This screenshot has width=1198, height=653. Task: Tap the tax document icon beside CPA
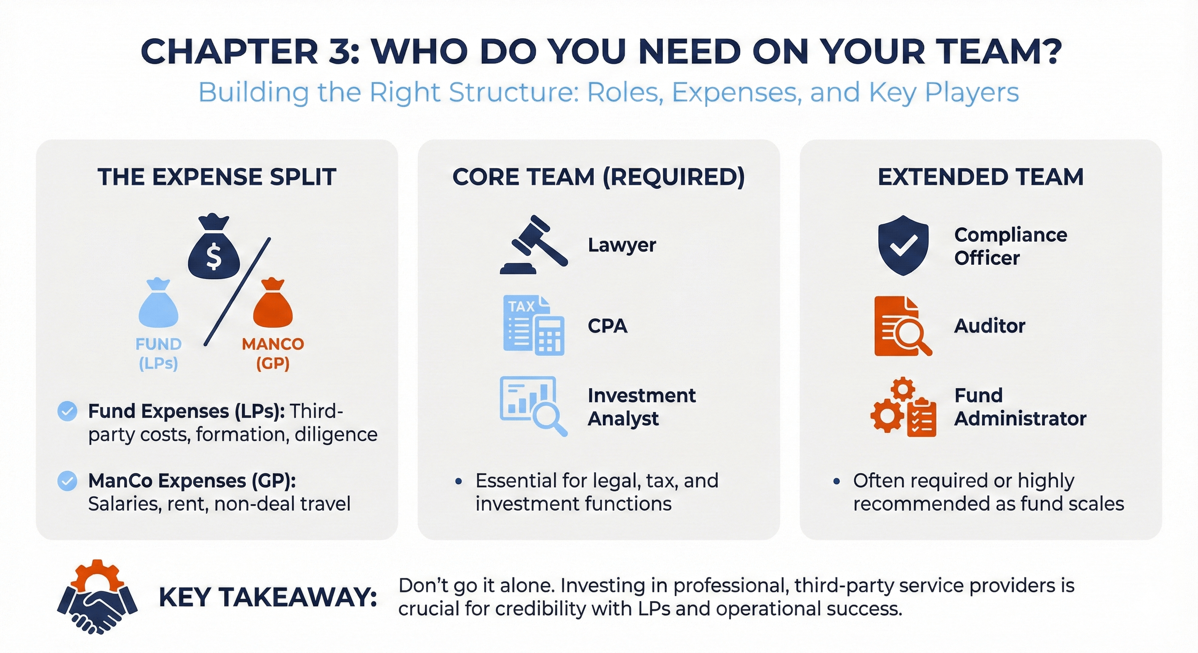(x=534, y=325)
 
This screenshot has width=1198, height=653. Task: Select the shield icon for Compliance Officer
(x=903, y=245)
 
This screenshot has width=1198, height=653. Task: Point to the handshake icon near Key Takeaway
(x=97, y=597)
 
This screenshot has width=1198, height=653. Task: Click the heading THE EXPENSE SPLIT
(x=217, y=177)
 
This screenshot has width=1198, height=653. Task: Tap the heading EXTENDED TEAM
(x=980, y=177)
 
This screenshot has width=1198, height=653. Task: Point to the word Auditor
(x=990, y=326)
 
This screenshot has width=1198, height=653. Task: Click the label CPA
(x=608, y=326)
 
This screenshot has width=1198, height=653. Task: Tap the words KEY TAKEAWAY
(x=268, y=597)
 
